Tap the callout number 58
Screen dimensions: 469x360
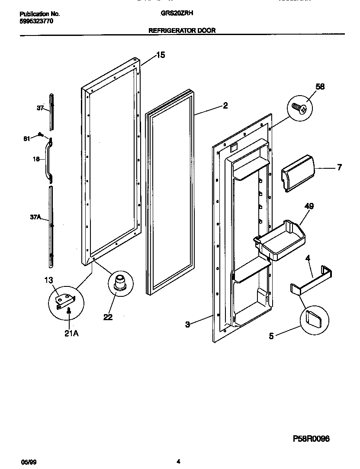(x=320, y=87)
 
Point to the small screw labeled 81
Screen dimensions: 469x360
(x=40, y=135)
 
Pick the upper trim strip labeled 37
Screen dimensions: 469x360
(x=52, y=111)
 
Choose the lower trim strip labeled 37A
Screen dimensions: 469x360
(x=51, y=225)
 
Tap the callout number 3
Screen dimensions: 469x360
(x=187, y=324)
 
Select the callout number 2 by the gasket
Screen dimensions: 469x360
(x=225, y=105)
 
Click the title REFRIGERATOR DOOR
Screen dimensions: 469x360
(x=182, y=30)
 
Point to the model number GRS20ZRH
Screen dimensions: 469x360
(x=177, y=13)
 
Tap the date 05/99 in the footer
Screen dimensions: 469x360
(x=27, y=462)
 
